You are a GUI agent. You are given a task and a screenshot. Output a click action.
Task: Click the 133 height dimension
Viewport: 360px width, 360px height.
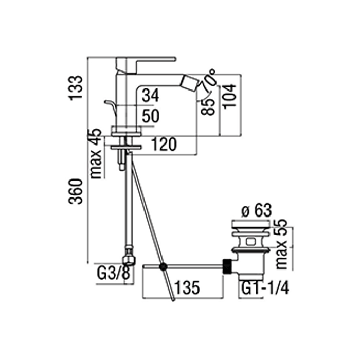pos(76,87)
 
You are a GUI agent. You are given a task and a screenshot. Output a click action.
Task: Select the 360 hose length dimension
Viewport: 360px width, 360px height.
pos(75,191)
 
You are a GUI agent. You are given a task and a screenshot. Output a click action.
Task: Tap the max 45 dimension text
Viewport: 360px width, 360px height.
pos(96,153)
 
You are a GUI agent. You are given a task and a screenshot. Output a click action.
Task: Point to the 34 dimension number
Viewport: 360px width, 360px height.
pos(151,96)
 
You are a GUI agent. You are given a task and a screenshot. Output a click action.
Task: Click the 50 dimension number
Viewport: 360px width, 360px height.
pos(151,116)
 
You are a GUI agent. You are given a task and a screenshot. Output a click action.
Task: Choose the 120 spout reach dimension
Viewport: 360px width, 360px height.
pos(164,144)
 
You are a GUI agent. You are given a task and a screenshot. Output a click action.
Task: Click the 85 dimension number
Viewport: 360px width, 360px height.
pos(208,106)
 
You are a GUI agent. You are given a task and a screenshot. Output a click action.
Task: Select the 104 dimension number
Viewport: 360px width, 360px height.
pos(229,97)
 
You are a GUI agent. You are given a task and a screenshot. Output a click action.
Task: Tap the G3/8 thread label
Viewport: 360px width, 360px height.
pos(114,273)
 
